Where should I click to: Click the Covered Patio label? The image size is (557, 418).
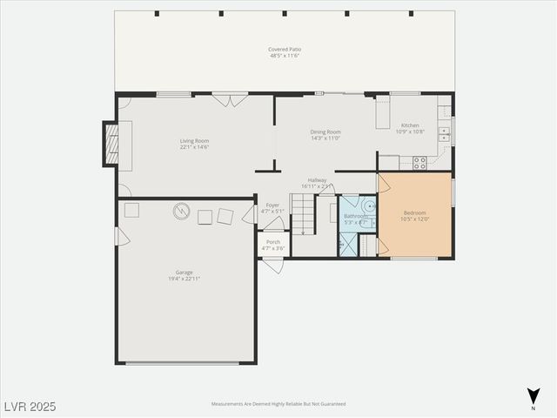285,50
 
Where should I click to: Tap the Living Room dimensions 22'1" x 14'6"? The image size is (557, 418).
194,146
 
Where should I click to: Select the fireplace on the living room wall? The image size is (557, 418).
111,144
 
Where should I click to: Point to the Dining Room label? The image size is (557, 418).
325,132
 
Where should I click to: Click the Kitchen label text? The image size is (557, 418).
410,125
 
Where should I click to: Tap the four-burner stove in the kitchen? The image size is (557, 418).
419,162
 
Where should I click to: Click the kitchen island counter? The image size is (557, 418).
382,112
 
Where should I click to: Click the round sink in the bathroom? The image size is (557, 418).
369,206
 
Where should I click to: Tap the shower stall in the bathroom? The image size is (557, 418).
348,244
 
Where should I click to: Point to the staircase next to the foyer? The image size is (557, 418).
302,215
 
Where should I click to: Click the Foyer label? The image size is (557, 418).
272,206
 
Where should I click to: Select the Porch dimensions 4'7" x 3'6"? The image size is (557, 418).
272,249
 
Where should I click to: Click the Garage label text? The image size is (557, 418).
185,272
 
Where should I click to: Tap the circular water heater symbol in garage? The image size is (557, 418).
181,211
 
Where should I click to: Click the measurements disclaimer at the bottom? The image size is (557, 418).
278,404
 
